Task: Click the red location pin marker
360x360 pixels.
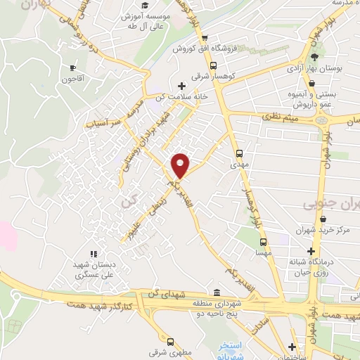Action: pos(181,165)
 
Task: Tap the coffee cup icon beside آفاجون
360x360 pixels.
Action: pos(72,68)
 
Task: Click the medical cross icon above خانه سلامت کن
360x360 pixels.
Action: pos(182,85)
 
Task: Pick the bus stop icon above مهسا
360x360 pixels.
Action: pos(264,240)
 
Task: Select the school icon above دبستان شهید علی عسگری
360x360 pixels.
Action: pos(92,254)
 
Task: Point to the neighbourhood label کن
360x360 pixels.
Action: pos(127,201)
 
